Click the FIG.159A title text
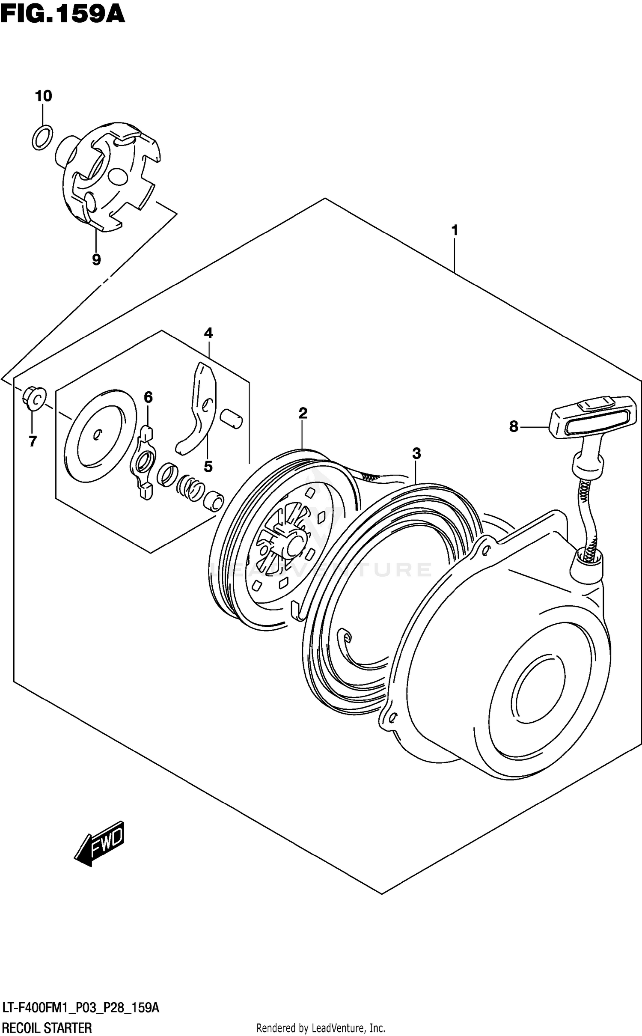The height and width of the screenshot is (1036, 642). pos(63,14)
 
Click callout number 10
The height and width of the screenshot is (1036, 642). pos(43,96)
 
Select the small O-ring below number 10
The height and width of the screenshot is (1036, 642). pos(42,137)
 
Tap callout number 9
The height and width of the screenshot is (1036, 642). pos(96,259)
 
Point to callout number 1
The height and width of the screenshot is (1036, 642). pos(455,230)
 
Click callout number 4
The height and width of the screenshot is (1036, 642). pos(208,333)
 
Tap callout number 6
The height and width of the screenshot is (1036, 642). pos(148,397)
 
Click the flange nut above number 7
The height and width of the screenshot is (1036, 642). pos(34,399)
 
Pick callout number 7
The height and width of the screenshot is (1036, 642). pos(33,441)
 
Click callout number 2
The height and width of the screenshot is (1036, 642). pos(303,413)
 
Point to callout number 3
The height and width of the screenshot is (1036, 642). pos(416,453)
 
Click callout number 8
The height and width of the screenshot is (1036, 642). pos(514,426)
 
